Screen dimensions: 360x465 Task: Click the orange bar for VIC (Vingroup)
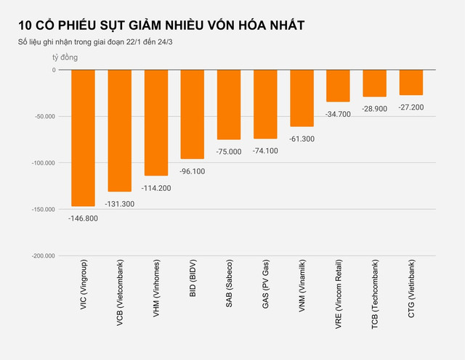[83, 138]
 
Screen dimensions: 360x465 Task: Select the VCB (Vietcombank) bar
[119, 131]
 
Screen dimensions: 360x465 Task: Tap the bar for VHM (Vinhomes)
[155, 123]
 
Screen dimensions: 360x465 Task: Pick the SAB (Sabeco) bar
[229, 105]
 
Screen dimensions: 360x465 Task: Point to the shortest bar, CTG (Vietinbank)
[411, 82]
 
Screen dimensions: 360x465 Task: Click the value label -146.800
[83, 217]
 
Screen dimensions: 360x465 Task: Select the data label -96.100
[192, 171]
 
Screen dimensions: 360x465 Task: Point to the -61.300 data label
[302, 139]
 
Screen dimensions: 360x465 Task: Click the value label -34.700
[338, 114]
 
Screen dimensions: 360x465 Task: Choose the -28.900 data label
[374, 108]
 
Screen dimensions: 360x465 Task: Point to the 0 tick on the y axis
[54, 70]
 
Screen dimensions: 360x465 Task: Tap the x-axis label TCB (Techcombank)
[375, 298]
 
